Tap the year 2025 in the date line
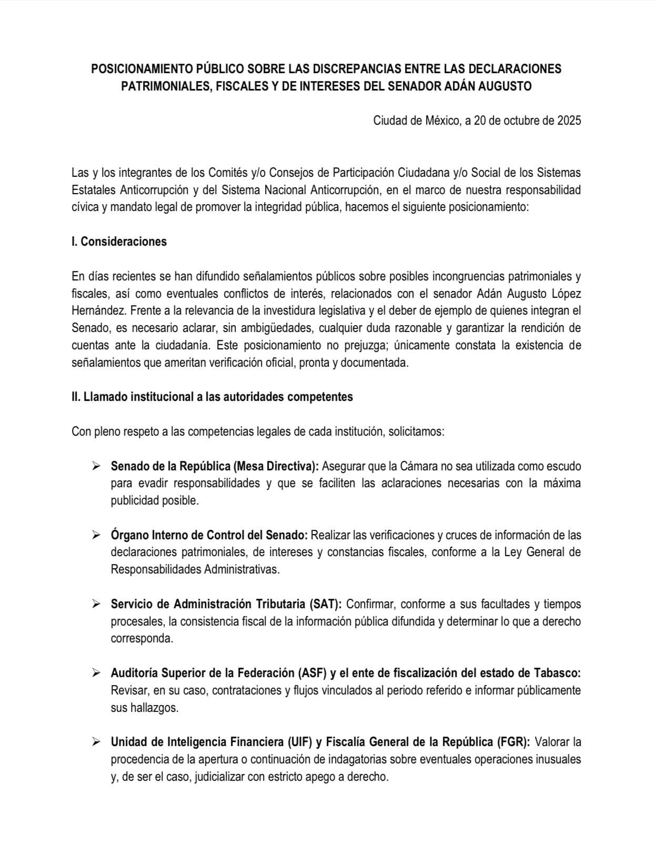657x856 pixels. [x=567, y=120]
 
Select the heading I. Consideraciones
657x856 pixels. [x=119, y=241]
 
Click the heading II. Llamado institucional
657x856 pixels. [x=212, y=397]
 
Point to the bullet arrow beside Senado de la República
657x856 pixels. [x=96, y=466]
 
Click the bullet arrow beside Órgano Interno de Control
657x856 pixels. [x=96, y=535]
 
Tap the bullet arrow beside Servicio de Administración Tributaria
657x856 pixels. [x=96, y=603]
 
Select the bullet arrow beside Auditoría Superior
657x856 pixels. [x=96, y=672]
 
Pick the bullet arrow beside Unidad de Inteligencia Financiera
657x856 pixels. [x=96, y=741]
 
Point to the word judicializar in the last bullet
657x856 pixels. [x=219, y=777]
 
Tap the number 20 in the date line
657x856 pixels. [x=480, y=120]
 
